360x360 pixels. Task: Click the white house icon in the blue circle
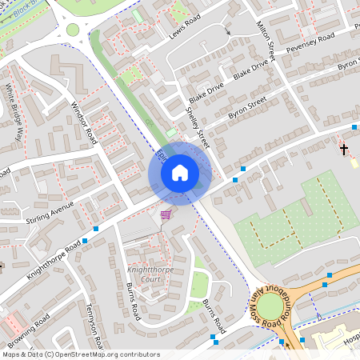180,172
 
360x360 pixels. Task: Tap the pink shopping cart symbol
166,214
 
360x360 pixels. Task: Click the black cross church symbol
345,149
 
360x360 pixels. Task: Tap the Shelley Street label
197,123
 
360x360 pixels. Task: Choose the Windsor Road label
83,124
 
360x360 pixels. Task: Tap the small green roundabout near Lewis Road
73,30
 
